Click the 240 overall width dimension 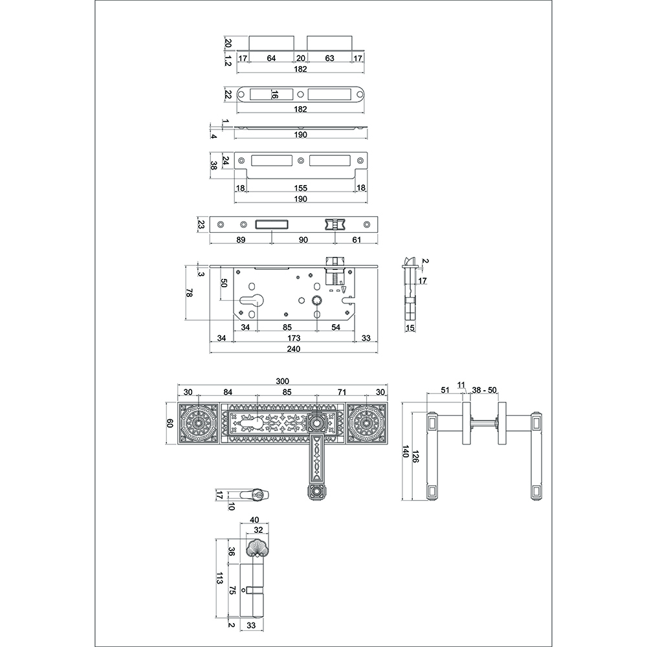click(x=293, y=349)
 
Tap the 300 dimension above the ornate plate click(x=282, y=381)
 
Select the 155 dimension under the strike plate click(x=300, y=188)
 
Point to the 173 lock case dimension click(x=294, y=338)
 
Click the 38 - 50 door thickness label click(x=485, y=390)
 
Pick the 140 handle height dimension click(x=405, y=452)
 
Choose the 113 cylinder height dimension click(x=219, y=578)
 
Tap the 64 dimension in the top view click(x=271, y=58)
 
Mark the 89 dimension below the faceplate click(x=241, y=240)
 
